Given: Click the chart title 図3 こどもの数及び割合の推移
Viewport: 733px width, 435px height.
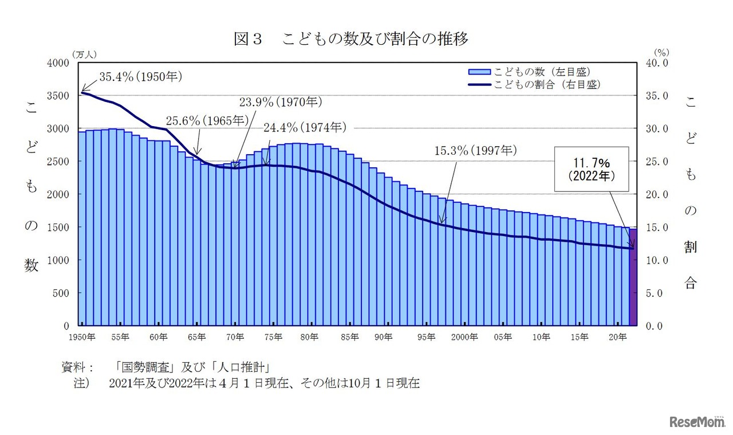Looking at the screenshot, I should [351, 39].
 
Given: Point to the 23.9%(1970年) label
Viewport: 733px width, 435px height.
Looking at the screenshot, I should [281, 103].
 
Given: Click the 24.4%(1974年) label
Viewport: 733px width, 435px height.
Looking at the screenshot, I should [305, 127].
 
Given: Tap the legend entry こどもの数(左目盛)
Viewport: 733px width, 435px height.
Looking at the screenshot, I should [529, 72].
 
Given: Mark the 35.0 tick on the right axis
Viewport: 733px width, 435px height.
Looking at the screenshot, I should [656, 96].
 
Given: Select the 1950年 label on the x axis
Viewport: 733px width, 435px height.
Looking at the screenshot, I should [82, 338].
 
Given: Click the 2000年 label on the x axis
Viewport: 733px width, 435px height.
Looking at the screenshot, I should [464, 338].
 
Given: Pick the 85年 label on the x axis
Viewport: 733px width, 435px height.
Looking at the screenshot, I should [349, 338].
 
